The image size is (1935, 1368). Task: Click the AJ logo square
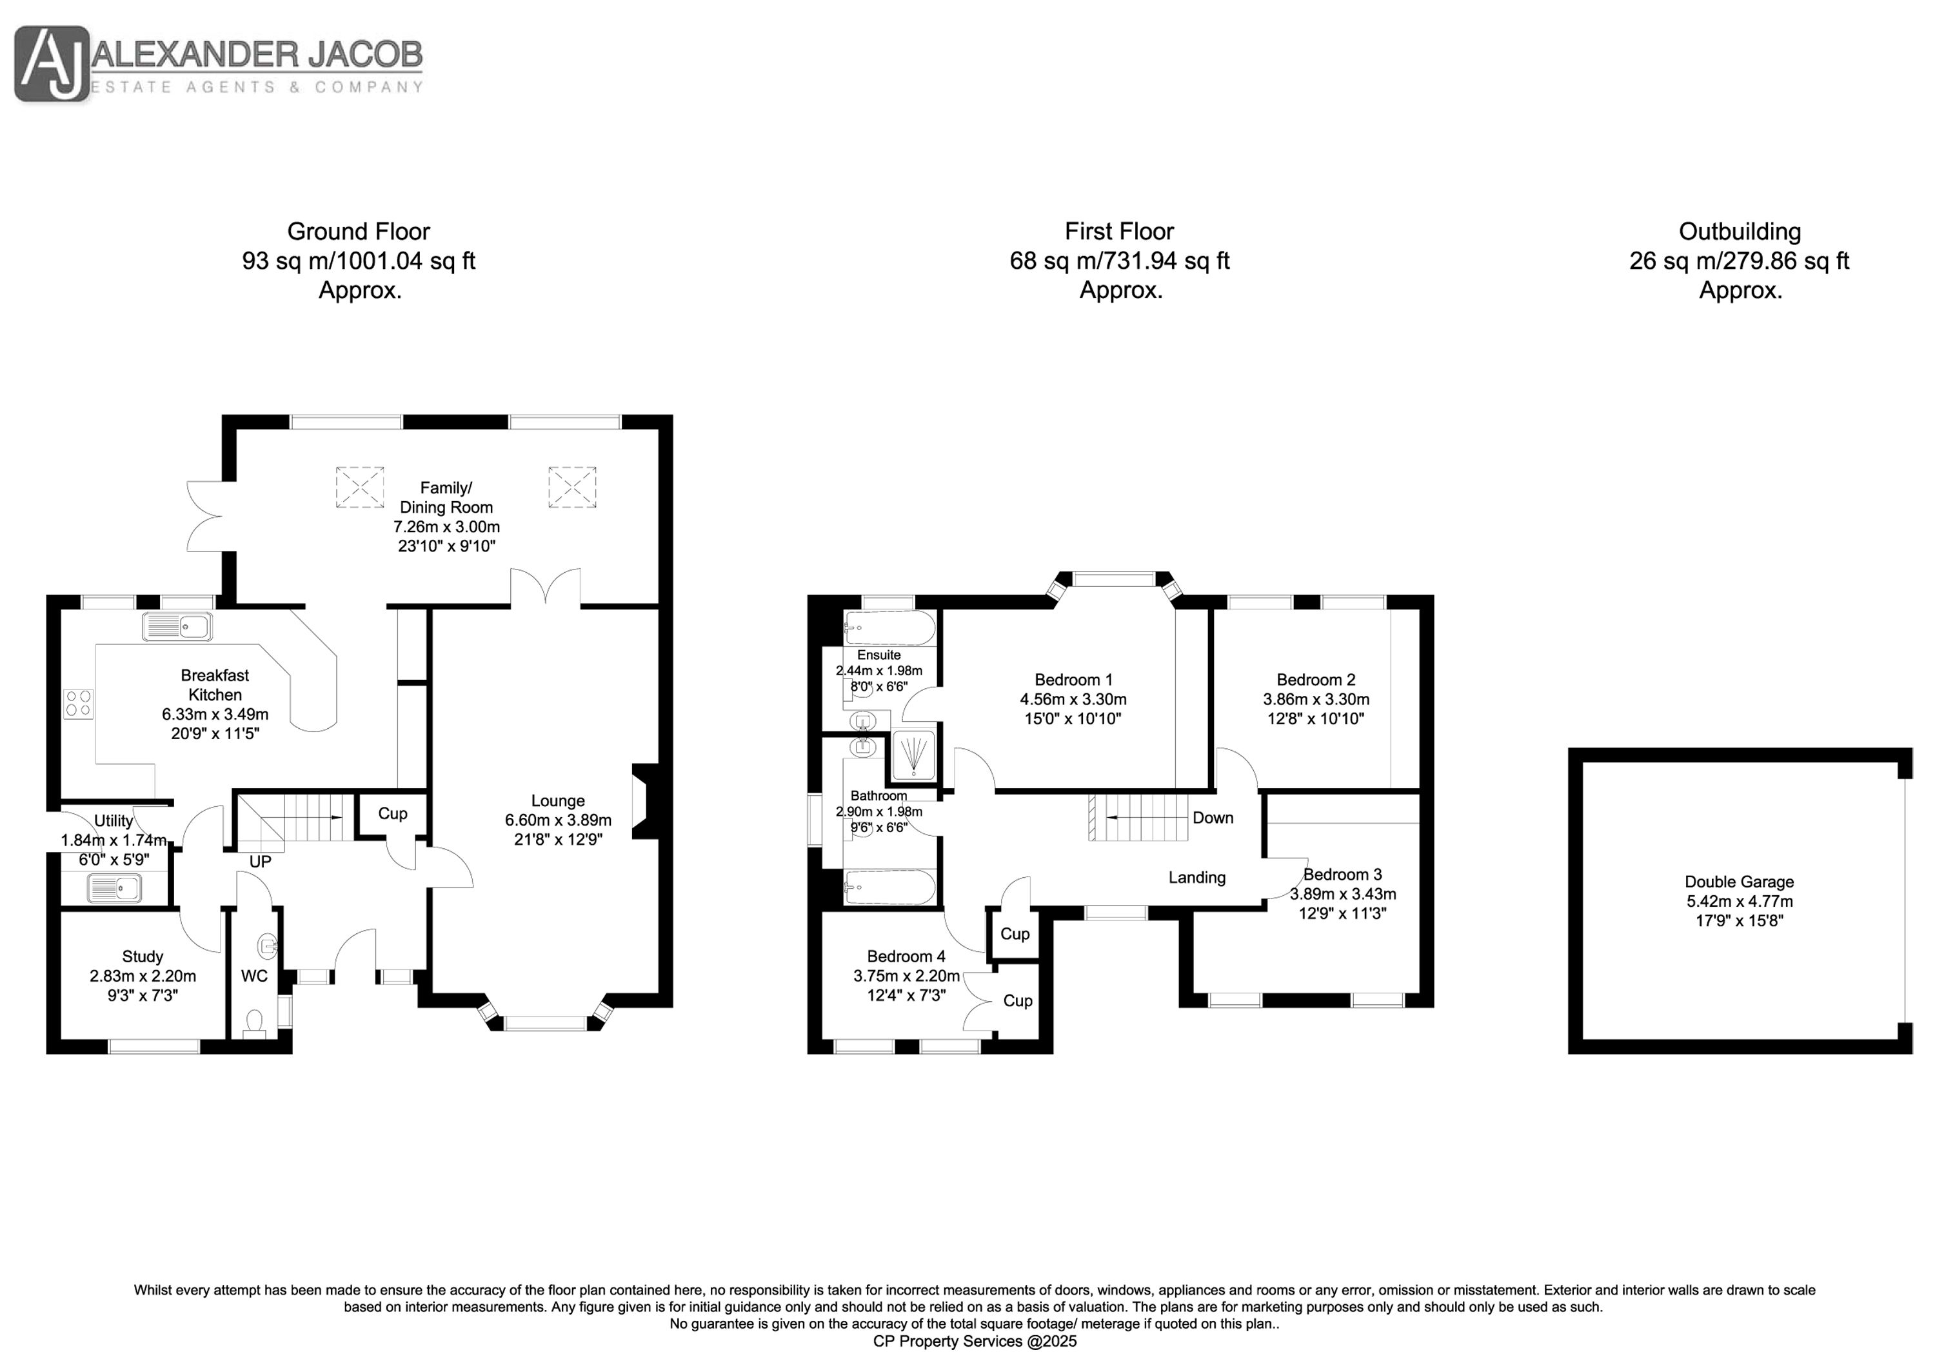coord(52,64)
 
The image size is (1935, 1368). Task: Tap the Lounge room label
coord(557,800)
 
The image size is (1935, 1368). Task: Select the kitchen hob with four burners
coord(79,704)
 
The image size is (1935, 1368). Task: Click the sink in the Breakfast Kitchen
coord(177,626)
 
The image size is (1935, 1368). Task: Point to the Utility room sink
coord(114,887)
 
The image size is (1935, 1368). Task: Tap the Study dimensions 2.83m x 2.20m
coord(143,976)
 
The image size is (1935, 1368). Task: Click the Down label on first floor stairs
coord(1213,818)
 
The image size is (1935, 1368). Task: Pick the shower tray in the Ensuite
coord(913,755)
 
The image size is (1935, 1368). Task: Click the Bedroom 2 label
coord(1316,679)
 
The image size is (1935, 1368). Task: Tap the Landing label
coord(1196,877)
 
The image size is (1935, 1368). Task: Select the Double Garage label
coord(1740,882)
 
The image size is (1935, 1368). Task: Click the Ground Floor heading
coord(359,231)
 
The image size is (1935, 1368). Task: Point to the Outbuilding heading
coord(1740,231)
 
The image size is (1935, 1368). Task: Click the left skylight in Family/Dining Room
coord(360,487)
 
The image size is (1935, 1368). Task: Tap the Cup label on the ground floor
coord(393,813)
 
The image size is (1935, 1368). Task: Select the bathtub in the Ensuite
coord(890,629)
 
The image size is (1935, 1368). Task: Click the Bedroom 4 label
coord(906,956)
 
